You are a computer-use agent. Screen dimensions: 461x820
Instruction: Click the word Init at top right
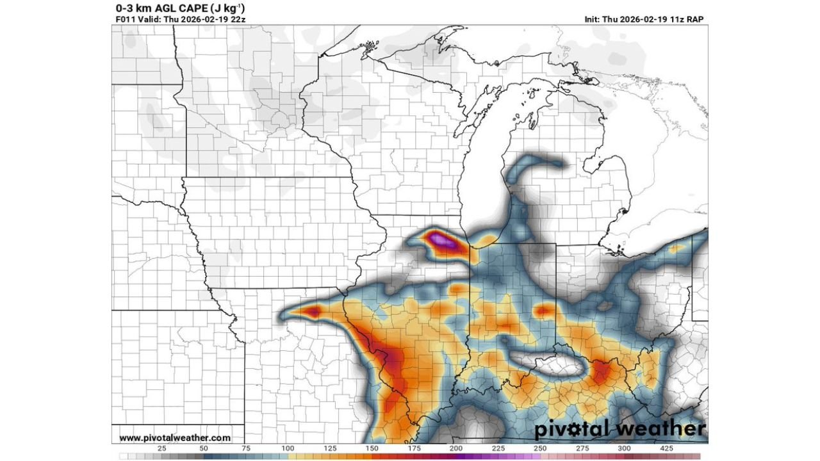pyautogui.click(x=592, y=19)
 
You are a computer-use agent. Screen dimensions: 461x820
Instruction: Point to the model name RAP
pyautogui.click(x=695, y=19)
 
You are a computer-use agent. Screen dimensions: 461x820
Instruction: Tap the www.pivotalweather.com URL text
pyautogui.click(x=175, y=438)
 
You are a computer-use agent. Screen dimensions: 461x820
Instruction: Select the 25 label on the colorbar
pyautogui.click(x=161, y=449)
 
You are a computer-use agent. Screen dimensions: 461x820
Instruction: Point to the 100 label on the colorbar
pyautogui.click(x=288, y=449)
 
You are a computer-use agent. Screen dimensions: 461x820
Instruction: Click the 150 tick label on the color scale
pyautogui.click(x=372, y=449)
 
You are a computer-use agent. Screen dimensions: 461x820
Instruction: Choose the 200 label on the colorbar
pyautogui.click(x=456, y=449)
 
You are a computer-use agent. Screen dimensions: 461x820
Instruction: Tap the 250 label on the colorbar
pyautogui.click(x=540, y=449)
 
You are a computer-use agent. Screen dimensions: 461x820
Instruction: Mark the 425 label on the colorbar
pyautogui.click(x=666, y=449)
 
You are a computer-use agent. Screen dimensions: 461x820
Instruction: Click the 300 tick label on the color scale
pyautogui.click(x=624, y=449)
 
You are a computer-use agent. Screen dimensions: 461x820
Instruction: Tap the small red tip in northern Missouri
pyautogui.click(x=313, y=311)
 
